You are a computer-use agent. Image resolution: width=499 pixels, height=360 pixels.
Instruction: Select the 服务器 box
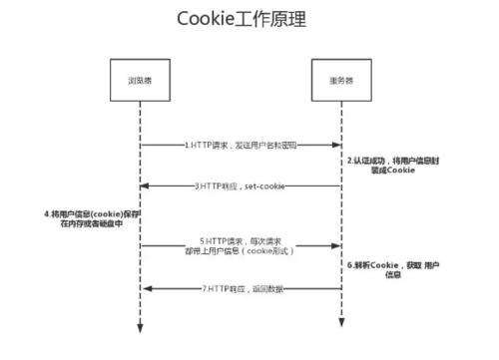click(339, 80)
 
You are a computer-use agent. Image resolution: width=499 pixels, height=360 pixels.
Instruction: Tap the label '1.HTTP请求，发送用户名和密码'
click(240, 146)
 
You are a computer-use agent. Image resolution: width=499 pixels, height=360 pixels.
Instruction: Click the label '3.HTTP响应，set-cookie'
click(240, 185)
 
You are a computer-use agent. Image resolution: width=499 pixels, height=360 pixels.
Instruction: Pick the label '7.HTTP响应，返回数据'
click(240, 288)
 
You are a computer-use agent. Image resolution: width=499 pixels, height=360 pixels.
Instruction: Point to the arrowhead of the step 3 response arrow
click(146, 186)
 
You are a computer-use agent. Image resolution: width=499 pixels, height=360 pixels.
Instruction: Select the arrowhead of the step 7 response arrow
click(146, 288)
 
